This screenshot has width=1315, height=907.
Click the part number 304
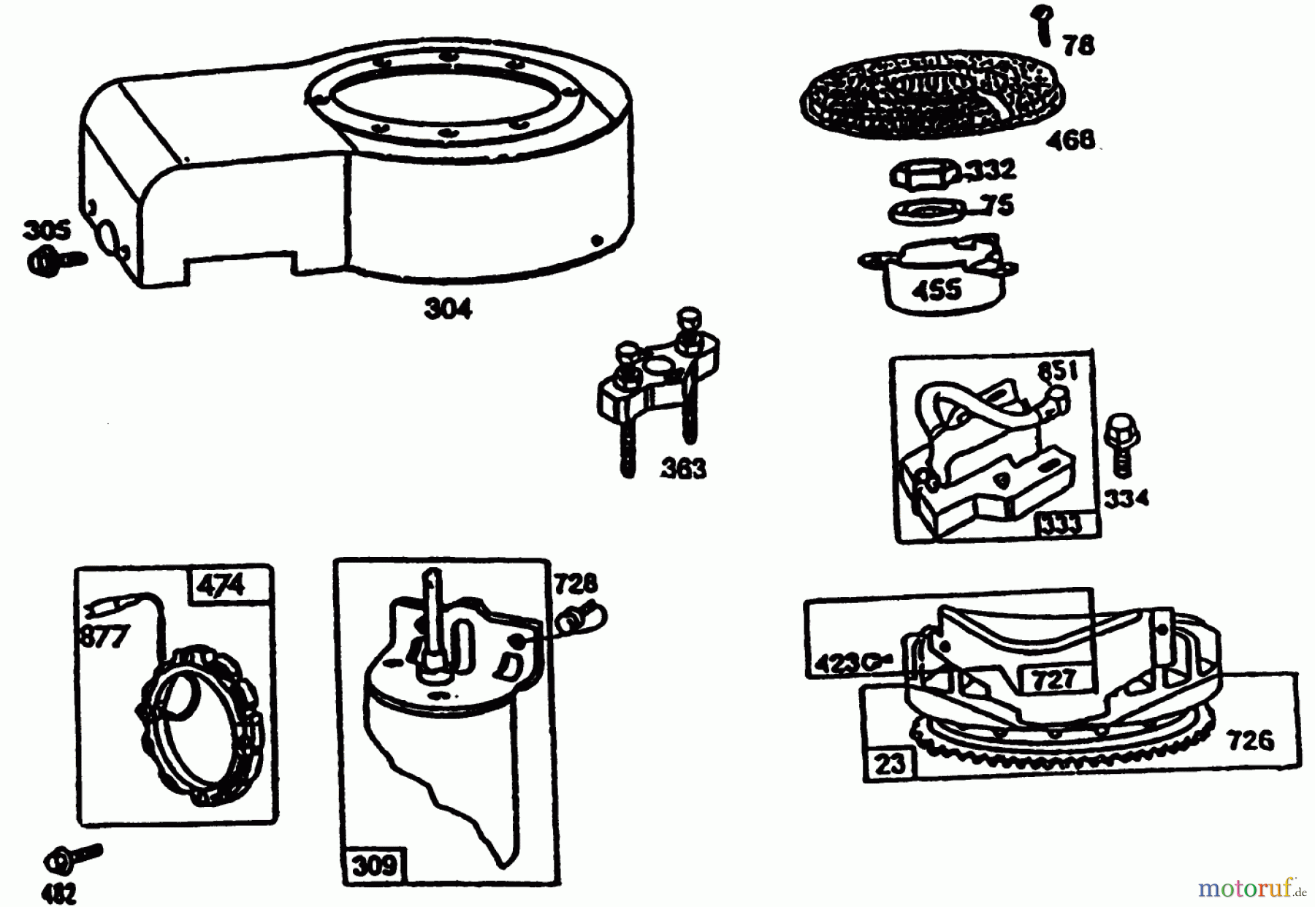coord(448,309)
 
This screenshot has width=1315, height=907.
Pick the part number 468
coord(1070,139)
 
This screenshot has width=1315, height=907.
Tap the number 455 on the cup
coord(937,290)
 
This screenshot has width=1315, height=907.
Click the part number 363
coord(683,468)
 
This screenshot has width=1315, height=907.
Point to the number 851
coord(1058,371)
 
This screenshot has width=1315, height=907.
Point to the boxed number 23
coord(890,764)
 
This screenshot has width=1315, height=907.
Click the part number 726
coord(1251,740)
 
